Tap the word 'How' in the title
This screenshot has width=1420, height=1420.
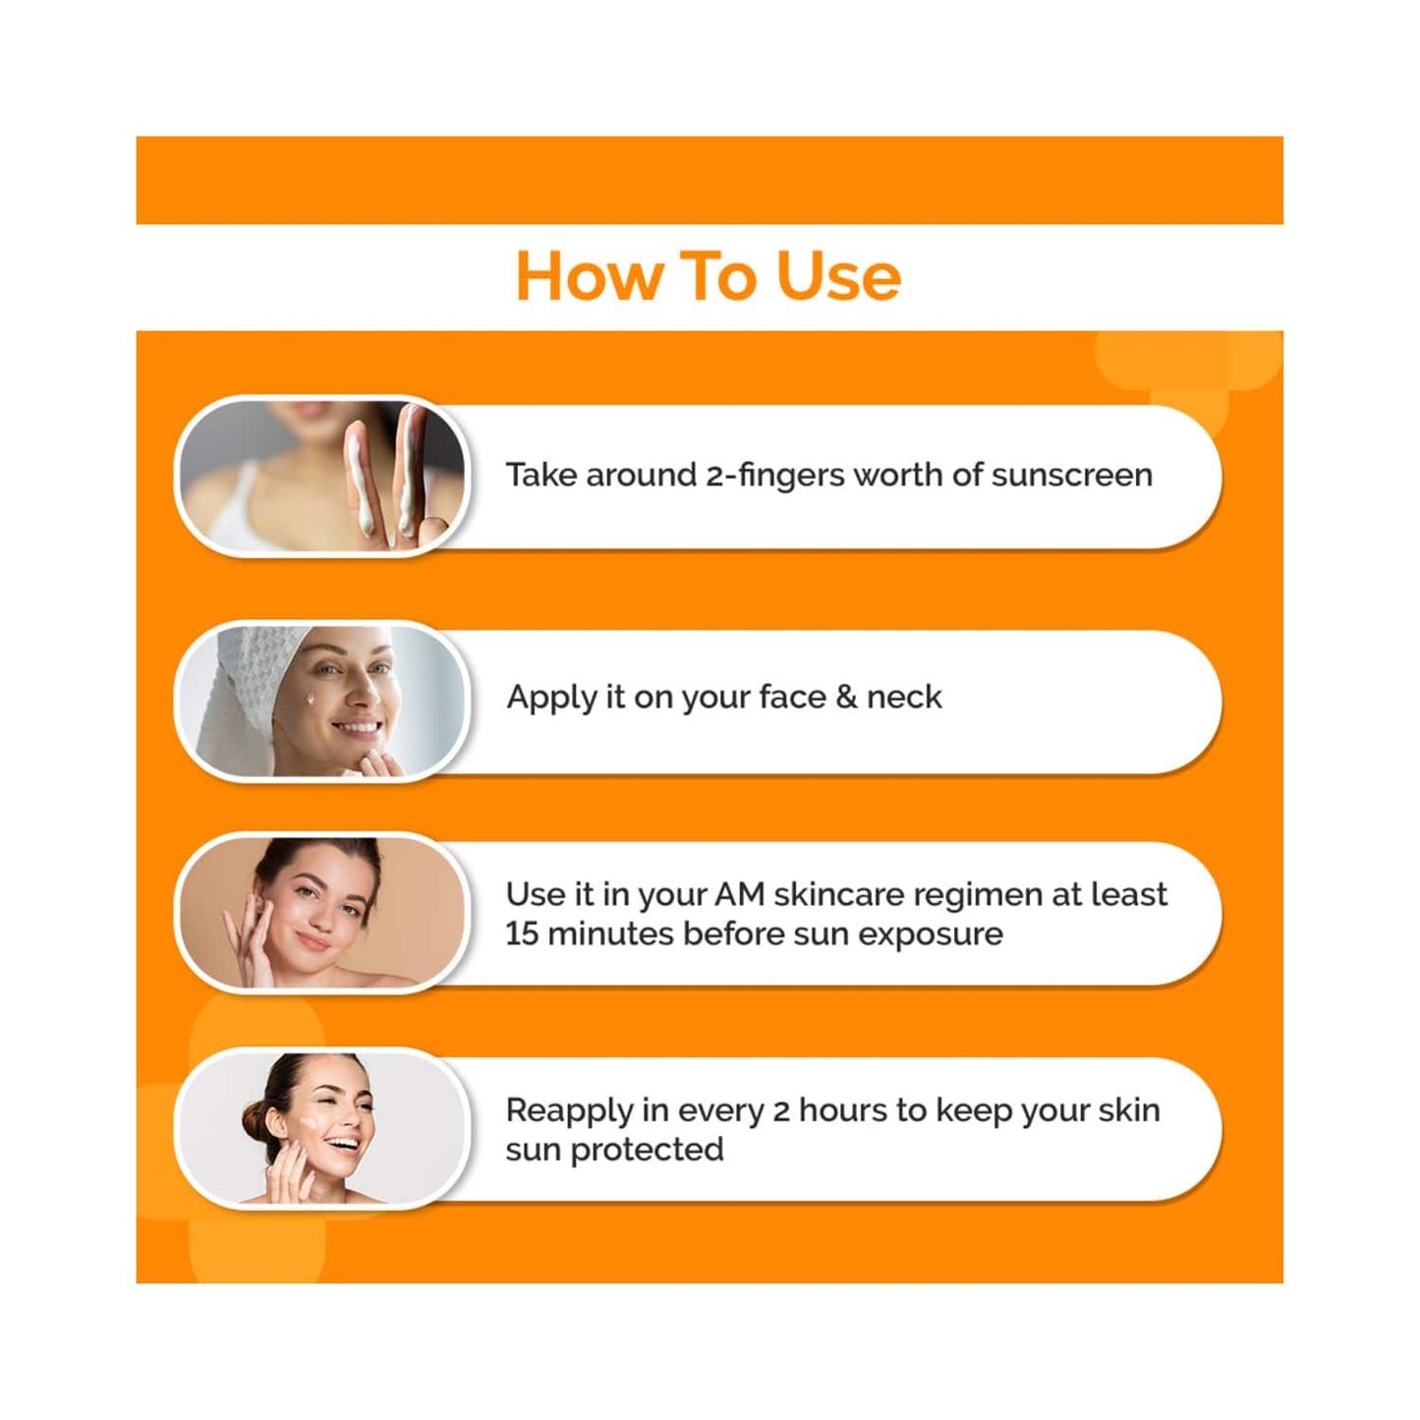(589, 277)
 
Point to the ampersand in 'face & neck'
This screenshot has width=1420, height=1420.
(845, 698)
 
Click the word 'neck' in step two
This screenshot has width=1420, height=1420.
(904, 698)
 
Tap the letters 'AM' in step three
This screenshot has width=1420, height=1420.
(739, 895)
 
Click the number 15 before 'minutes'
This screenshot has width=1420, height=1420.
(522, 934)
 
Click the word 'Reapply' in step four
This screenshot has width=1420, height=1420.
(569, 1111)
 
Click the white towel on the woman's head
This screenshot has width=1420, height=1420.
(246, 678)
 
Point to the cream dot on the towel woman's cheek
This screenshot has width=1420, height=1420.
(311, 700)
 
